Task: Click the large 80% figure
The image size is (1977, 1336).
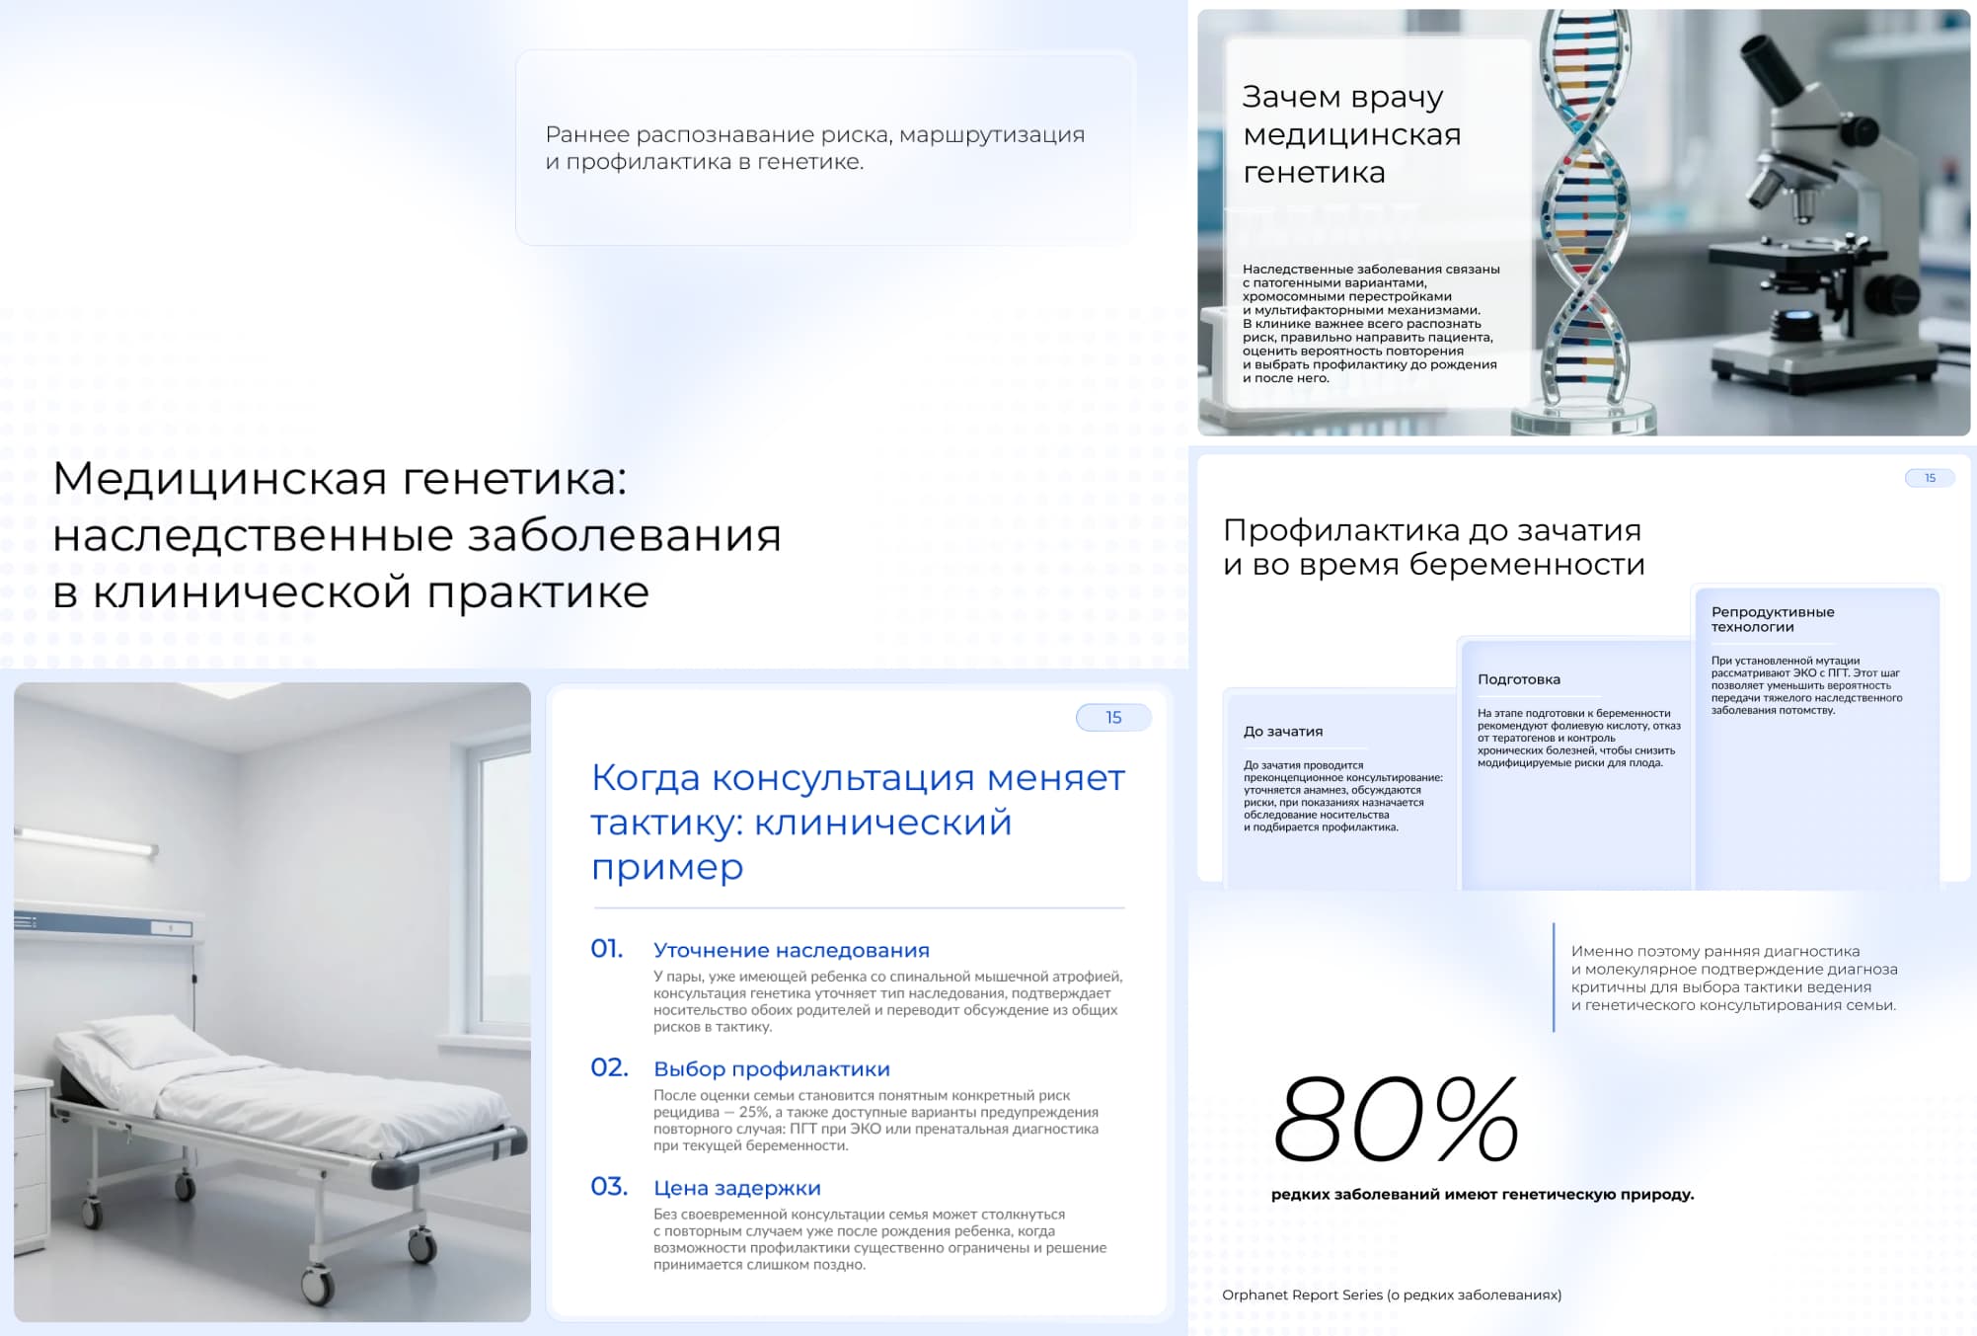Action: pos(1396,1118)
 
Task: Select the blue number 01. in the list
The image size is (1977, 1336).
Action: pos(607,949)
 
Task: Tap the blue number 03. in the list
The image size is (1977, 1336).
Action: pos(609,1187)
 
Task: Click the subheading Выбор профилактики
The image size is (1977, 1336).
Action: pos(772,1069)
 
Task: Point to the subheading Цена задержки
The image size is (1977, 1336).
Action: pos(737,1188)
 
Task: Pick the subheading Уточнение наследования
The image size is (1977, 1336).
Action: pos(792,950)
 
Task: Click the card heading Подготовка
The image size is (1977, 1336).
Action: pos(1519,679)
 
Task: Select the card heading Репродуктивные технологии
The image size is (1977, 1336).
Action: pos(1773,619)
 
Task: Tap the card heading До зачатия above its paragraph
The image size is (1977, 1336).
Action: pos(1283,732)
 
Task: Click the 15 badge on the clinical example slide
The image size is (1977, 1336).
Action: pos(1113,718)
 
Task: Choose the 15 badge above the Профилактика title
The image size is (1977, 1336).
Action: pos(1930,478)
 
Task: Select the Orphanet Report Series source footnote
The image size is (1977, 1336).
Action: pos(1392,1296)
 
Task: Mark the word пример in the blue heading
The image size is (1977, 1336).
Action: pos(667,867)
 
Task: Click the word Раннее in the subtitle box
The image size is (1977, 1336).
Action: pos(587,134)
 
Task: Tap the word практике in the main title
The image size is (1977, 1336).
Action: pos(538,592)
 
